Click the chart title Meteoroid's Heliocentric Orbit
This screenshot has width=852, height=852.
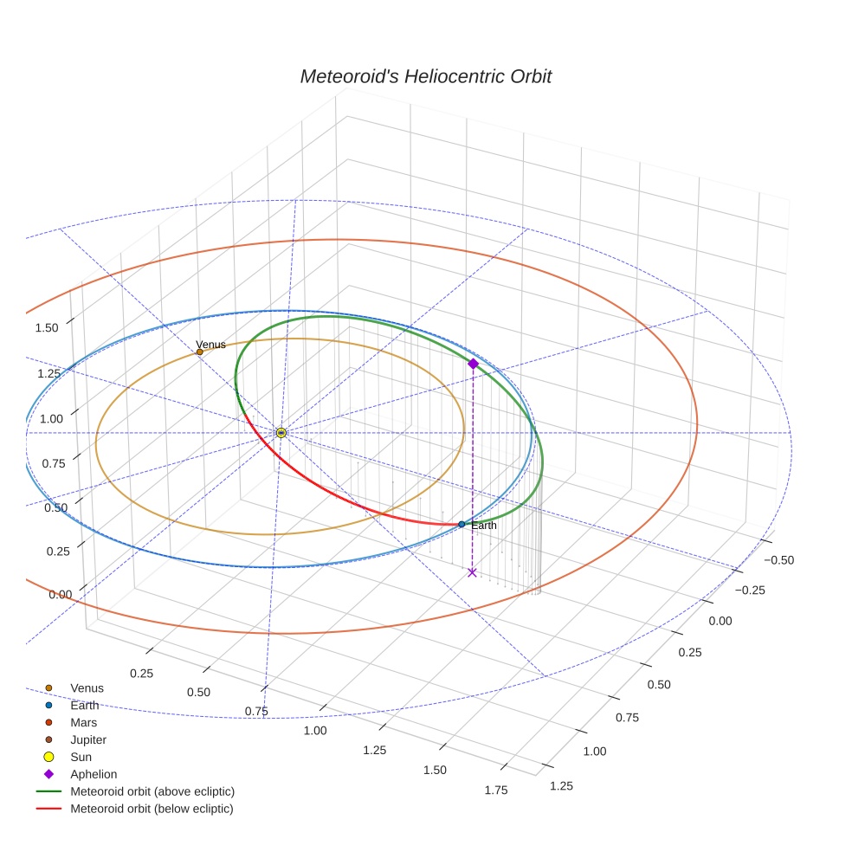[425, 76]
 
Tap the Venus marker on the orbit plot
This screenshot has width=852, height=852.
[200, 352]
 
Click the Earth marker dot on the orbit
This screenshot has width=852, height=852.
[461, 524]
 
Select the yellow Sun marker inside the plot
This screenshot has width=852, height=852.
[281, 432]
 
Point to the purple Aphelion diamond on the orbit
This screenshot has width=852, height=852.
[473, 364]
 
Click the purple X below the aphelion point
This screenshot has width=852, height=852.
[472, 572]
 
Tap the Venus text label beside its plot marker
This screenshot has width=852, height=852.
[211, 345]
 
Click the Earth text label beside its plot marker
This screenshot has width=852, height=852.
[484, 526]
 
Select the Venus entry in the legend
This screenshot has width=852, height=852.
[87, 688]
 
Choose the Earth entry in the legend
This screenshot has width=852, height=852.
[84, 706]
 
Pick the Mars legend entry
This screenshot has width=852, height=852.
[83, 722]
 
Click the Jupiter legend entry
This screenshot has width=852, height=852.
[88, 739]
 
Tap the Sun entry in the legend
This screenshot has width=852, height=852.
[81, 757]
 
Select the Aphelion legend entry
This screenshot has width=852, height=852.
[94, 774]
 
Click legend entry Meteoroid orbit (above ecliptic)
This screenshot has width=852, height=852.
[152, 791]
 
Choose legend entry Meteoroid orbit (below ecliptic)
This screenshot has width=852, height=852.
[152, 809]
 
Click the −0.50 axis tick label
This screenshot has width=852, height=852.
[778, 560]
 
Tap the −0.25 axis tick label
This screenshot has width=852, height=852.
[751, 591]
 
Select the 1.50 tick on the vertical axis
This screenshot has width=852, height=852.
[47, 328]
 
